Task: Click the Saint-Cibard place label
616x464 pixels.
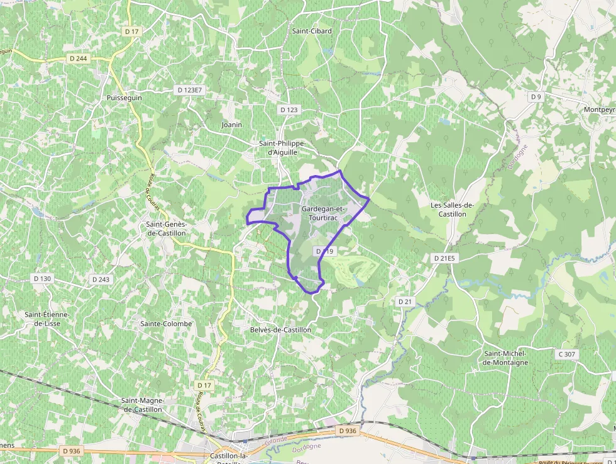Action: coord(312,30)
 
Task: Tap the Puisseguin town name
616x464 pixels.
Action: coord(124,98)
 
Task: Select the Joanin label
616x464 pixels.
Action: coord(232,125)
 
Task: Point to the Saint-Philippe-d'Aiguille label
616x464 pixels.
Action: coord(282,147)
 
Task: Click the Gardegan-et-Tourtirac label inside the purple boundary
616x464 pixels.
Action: coord(324,213)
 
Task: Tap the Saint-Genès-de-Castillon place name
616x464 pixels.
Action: coord(166,228)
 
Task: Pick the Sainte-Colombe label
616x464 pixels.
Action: coord(166,324)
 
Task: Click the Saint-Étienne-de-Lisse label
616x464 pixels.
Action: coord(47,319)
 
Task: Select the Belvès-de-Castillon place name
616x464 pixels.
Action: coord(280,329)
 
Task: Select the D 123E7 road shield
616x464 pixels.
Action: coord(190,90)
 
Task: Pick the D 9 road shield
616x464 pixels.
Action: coord(536,96)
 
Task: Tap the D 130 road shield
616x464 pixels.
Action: coord(42,278)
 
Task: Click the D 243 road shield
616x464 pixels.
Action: coord(101,279)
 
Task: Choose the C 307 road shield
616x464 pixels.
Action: coord(566,354)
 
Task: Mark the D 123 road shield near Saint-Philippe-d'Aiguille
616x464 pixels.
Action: coord(289,110)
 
